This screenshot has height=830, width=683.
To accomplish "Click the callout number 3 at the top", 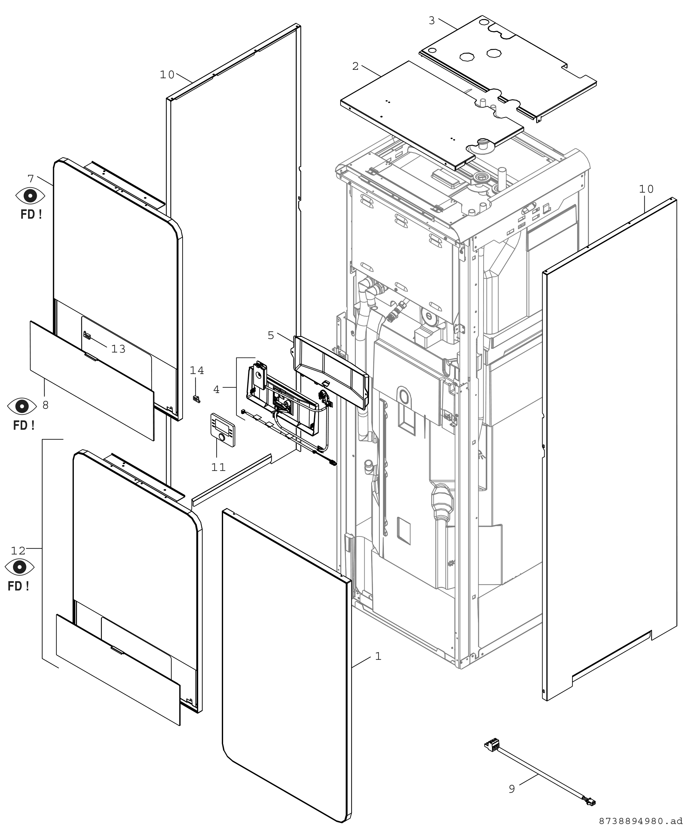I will coord(432,21).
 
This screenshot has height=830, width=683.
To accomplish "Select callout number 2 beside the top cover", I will coord(355,66).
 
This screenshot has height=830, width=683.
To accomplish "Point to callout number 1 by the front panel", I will coord(378,656).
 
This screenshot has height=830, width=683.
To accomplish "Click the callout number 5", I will coord(271,335).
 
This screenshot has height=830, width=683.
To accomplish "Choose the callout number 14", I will coord(197,370).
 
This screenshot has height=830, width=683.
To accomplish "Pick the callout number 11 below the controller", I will coord(218,467).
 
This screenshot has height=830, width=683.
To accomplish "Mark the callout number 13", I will coord(118,349).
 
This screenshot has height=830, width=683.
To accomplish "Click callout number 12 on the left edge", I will coord(18,550).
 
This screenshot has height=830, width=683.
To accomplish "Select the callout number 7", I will coord(31,179).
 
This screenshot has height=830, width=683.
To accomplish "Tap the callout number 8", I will coord(45,405).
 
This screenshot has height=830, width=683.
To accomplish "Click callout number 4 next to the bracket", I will coord(216,389).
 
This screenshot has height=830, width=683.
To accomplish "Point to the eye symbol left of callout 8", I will coord(22,406).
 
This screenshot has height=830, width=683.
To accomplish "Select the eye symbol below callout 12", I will coord(20,567).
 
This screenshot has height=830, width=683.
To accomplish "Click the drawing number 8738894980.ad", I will coord(640,821).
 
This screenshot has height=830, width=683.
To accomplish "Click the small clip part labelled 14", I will coord(196,398).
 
